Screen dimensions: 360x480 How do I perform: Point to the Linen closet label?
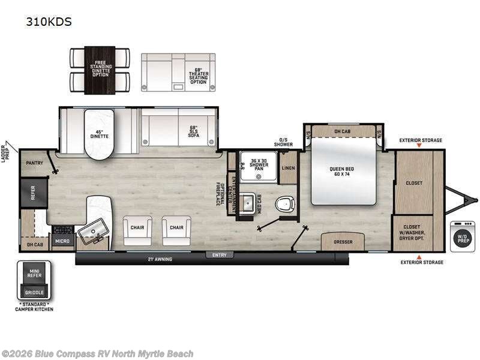(289, 168)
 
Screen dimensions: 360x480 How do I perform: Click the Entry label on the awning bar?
(220, 256)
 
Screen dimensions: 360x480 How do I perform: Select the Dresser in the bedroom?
(344, 241)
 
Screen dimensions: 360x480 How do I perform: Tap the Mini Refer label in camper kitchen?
(34, 275)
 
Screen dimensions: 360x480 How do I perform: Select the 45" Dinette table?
(99, 135)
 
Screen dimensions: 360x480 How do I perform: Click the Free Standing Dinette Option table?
(100, 70)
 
